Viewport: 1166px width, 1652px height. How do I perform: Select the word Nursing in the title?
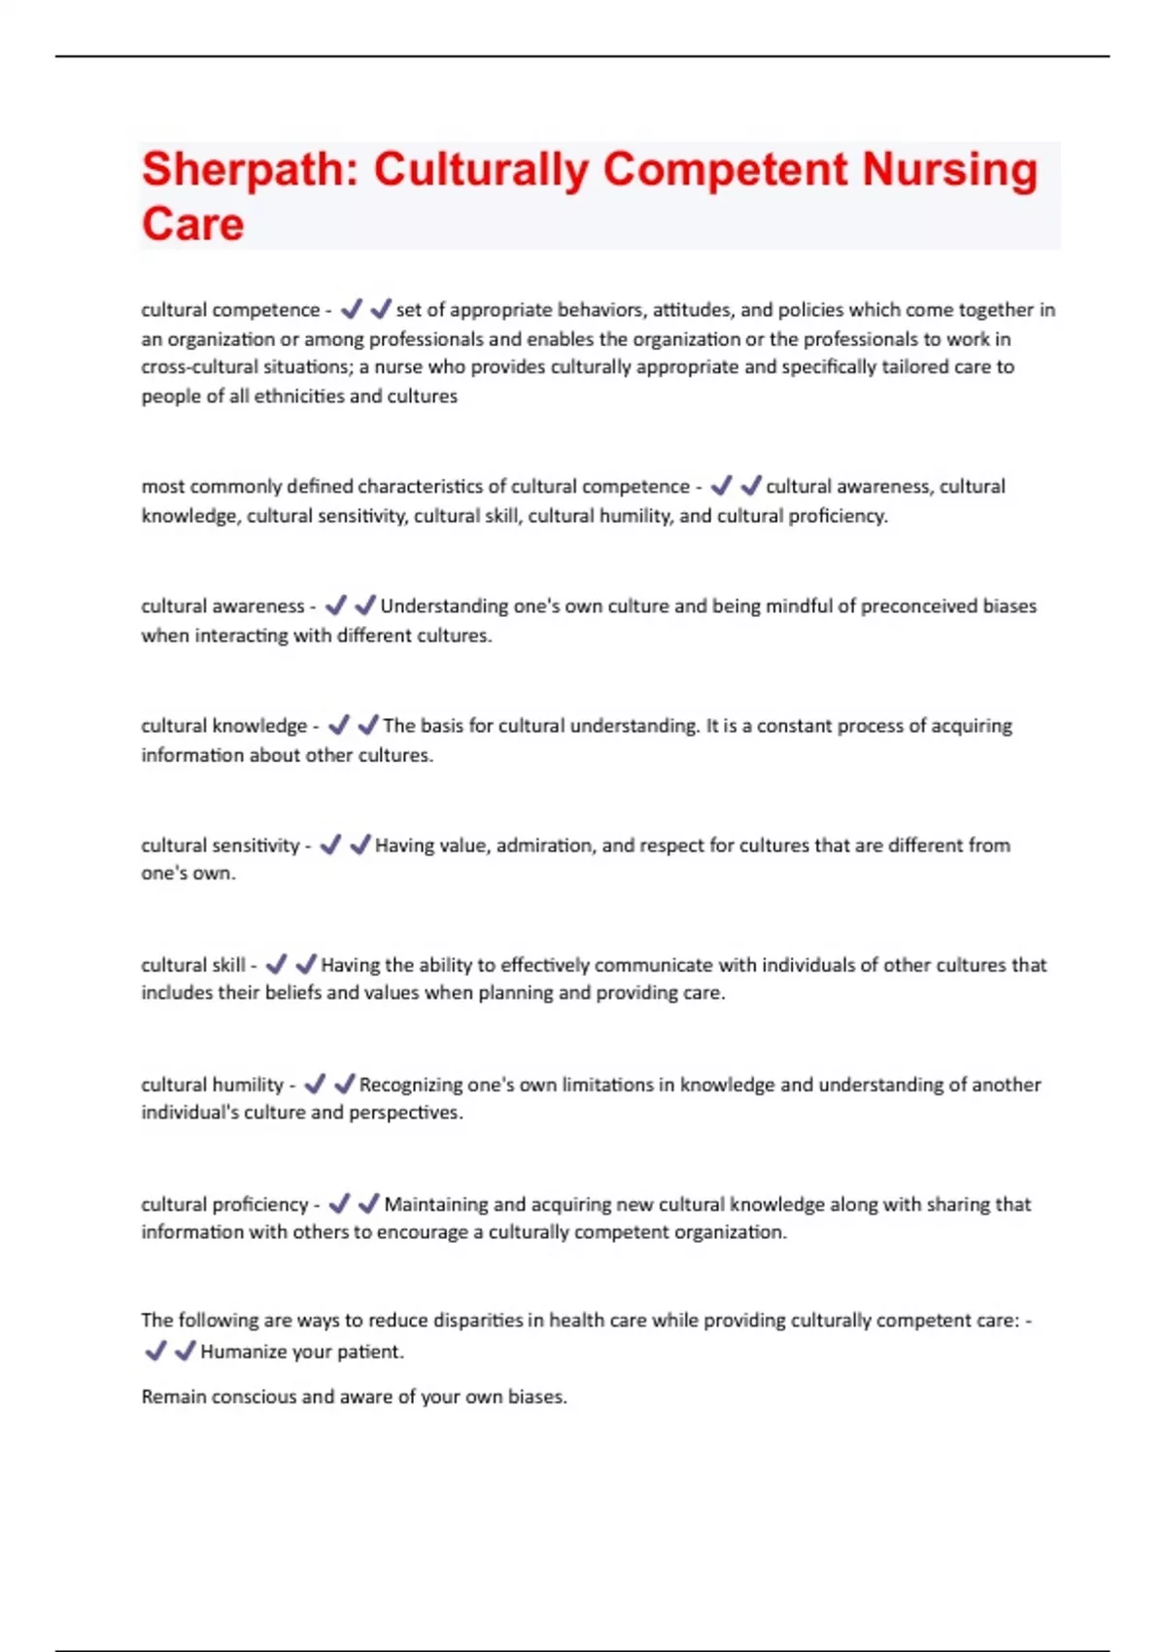950,170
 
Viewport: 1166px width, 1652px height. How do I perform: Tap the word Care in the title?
192,224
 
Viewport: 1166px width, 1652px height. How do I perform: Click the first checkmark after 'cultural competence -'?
352,309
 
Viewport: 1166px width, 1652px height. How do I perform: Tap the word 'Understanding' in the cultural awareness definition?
444,606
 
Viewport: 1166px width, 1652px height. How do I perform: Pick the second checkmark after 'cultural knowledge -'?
368,725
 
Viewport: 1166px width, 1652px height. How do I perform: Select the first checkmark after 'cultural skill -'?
276,964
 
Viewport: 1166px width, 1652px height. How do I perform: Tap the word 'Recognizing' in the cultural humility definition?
410,1084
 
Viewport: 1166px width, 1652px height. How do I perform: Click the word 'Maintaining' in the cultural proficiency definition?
435,1204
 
